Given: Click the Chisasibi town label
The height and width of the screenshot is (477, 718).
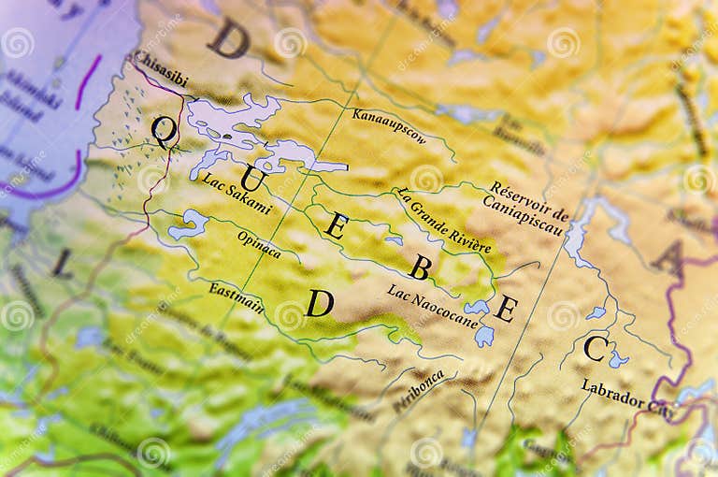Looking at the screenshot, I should [x=160, y=69].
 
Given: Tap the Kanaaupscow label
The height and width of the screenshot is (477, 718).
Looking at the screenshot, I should [x=389, y=126].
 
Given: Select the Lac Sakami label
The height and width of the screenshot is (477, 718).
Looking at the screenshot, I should [x=237, y=194].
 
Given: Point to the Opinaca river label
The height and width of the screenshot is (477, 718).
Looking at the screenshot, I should [x=259, y=244].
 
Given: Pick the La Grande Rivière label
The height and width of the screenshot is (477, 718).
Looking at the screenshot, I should [x=441, y=220].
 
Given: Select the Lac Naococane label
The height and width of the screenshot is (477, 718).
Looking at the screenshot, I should [x=432, y=306].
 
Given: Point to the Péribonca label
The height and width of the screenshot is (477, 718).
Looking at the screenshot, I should [x=418, y=391].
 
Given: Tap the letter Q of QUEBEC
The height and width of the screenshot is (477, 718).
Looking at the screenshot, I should [x=164, y=131].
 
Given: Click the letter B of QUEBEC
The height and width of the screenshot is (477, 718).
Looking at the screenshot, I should [x=420, y=268].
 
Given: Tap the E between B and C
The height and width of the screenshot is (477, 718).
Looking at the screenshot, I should [x=506, y=308].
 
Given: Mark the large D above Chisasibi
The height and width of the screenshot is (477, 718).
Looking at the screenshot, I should [x=228, y=38].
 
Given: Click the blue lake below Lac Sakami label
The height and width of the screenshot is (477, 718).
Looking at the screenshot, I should [x=190, y=223].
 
